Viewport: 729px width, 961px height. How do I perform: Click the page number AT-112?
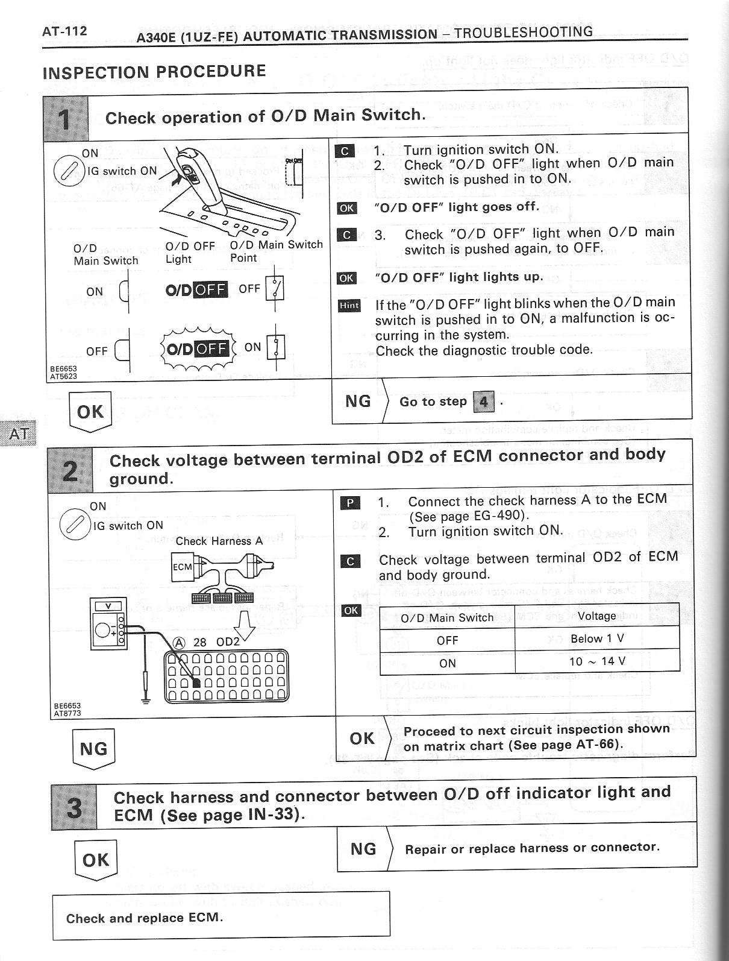pos(64,31)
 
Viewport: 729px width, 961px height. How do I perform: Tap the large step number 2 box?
pos(71,470)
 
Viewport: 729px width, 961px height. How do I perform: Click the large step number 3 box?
pos(74,807)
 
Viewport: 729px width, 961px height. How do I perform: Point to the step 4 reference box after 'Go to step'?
pos(484,402)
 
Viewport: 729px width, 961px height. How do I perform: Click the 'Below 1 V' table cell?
pos(597,639)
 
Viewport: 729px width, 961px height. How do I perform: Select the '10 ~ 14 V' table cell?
pos(597,661)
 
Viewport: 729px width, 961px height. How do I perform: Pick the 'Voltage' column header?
pos(596,616)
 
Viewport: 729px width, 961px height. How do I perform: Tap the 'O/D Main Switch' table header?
pos(447,617)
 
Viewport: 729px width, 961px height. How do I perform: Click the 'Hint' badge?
pos(349,305)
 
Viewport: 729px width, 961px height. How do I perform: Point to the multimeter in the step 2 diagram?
pos(108,624)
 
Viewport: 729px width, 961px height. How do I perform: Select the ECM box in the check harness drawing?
pos(182,567)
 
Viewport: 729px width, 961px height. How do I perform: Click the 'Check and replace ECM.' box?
pos(221,918)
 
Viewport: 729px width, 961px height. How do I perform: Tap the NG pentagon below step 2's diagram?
pos(93,749)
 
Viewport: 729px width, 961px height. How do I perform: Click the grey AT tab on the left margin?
pos(18,434)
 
